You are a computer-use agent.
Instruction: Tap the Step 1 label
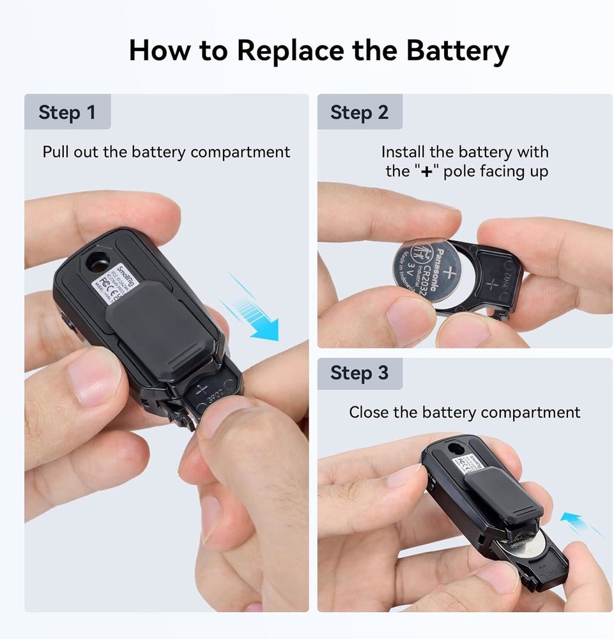point(66,112)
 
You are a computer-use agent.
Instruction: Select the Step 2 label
point(359,112)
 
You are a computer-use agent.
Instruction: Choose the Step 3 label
point(359,373)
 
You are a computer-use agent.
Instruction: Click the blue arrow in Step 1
point(256,313)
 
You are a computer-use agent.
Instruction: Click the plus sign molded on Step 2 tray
point(491,282)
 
